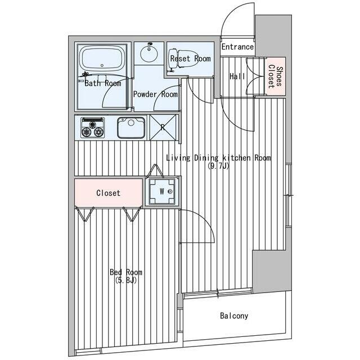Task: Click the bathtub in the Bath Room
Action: pos(102,59)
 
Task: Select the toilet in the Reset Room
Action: pos(183,58)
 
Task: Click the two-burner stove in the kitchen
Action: pos(92,128)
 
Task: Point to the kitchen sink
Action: pos(131,128)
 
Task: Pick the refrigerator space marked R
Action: pos(163,128)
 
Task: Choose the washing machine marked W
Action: pos(161,191)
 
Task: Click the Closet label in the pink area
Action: pos(109,193)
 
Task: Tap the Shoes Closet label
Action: pos(275,76)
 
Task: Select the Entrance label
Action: pos(237,47)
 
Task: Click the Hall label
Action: pos(237,76)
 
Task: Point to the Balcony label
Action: pos(234,316)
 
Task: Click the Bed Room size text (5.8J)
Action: pos(126,280)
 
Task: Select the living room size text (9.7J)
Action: pos(218,166)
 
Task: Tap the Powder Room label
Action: pos(155,94)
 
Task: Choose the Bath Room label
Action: pos(103,83)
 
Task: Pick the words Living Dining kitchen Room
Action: pos(218,158)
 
